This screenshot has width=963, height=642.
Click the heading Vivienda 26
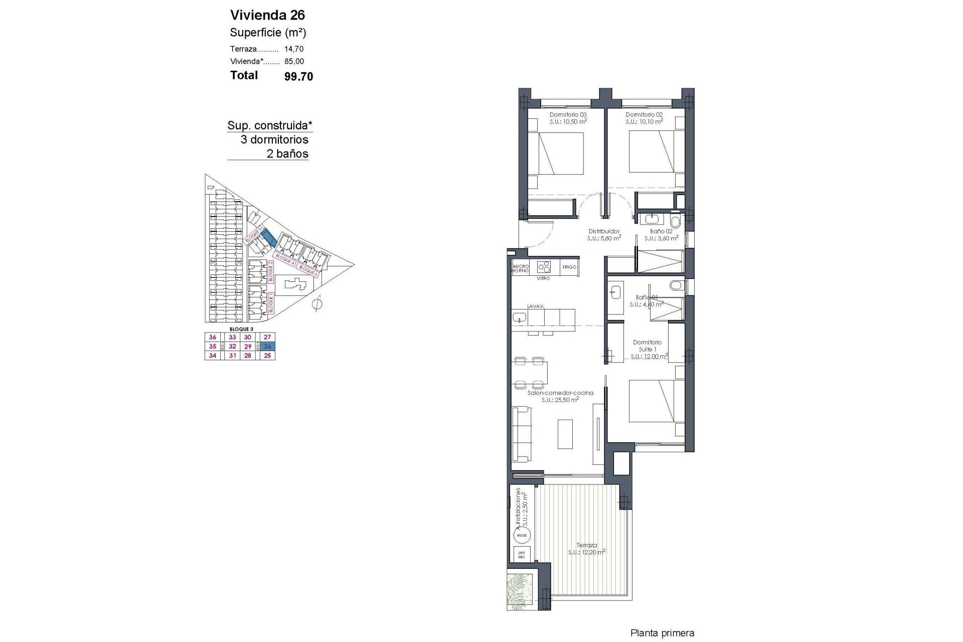pyautogui.click(x=267, y=15)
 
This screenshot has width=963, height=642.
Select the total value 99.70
pyautogui.click(x=298, y=76)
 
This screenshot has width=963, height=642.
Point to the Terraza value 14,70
pyautogui.click(x=294, y=49)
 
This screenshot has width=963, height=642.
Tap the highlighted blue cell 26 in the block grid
pyautogui.click(x=268, y=346)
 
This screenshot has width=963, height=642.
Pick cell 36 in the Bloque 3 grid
pyautogui.click(x=213, y=338)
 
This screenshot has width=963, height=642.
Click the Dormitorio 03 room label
pyautogui.click(x=568, y=115)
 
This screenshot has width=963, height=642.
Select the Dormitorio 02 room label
pyautogui.click(x=644, y=115)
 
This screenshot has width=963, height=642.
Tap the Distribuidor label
pyautogui.click(x=604, y=231)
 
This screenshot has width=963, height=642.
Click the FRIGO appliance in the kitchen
pyautogui.click(x=569, y=267)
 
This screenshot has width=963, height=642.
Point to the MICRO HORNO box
pyautogui.click(x=521, y=268)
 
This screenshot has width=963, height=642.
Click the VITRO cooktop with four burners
pyautogui.click(x=544, y=267)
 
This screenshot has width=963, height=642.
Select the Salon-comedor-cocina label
pyautogui.click(x=560, y=393)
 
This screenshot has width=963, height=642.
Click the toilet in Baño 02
pyautogui.click(x=675, y=222)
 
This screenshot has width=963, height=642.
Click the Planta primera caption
pyautogui.click(x=662, y=633)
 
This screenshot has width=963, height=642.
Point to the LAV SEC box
pyautogui.click(x=522, y=555)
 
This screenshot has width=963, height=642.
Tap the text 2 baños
pyautogui.click(x=287, y=154)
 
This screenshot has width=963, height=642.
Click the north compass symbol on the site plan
pyautogui.click(x=317, y=304)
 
